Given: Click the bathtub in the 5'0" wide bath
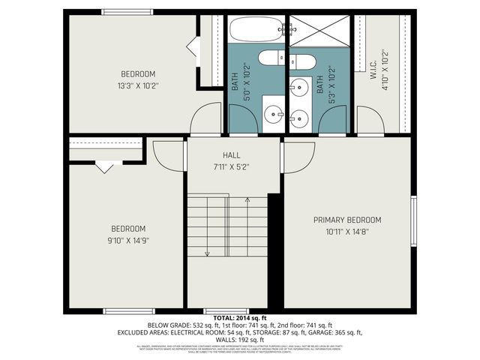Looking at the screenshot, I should (256, 29).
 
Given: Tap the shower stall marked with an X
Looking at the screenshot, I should (319, 31).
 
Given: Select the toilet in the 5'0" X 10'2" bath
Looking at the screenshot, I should (269, 57).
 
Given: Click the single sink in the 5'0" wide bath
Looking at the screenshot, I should (272, 114).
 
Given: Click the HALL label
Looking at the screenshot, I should (231, 154).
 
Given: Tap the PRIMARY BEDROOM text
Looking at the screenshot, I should (347, 220).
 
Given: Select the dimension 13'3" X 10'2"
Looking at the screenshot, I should (138, 85).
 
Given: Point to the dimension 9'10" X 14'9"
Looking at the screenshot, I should (128, 241).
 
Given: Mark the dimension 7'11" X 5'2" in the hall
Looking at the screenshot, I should (231, 166).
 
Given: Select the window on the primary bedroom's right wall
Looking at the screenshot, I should (412, 220).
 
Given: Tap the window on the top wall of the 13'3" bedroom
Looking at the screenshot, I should (127, 12).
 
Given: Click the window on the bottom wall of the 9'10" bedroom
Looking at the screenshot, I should (129, 311).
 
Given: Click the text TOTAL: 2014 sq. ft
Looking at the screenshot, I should (239, 318).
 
